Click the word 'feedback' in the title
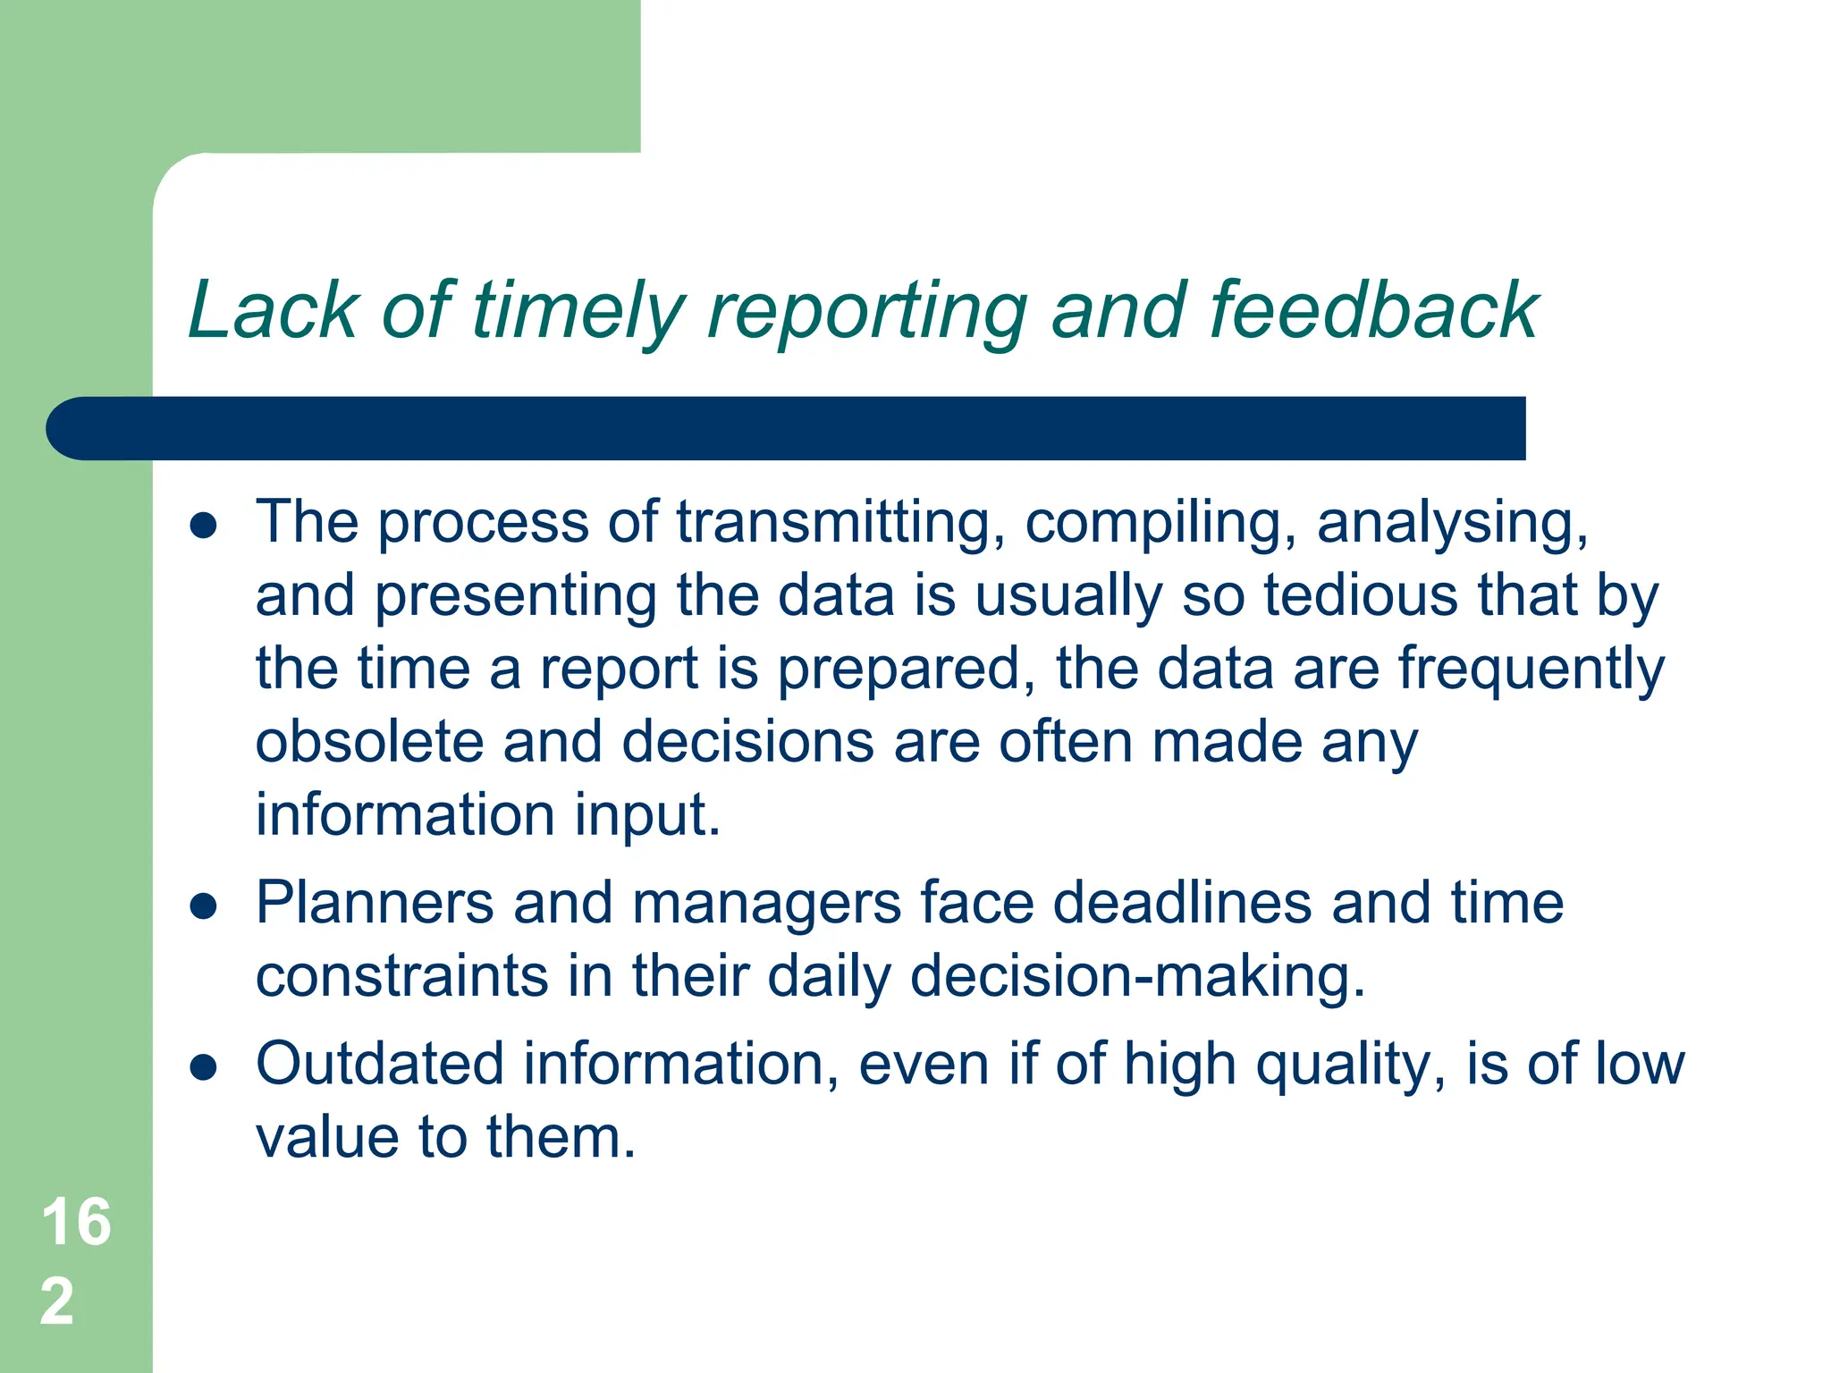coord(1373,310)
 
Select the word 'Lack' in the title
coord(272,310)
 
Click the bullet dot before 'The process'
coord(204,526)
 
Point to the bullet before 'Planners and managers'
coord(204,906)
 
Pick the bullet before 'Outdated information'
coord(204,1067)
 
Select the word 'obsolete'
coord(369,742)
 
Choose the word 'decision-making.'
coord(1137,976)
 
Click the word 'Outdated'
coord(379,1064)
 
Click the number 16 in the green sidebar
coord(77,1222)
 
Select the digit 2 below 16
coord(57,1301)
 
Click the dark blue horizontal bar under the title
coord(787,428)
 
